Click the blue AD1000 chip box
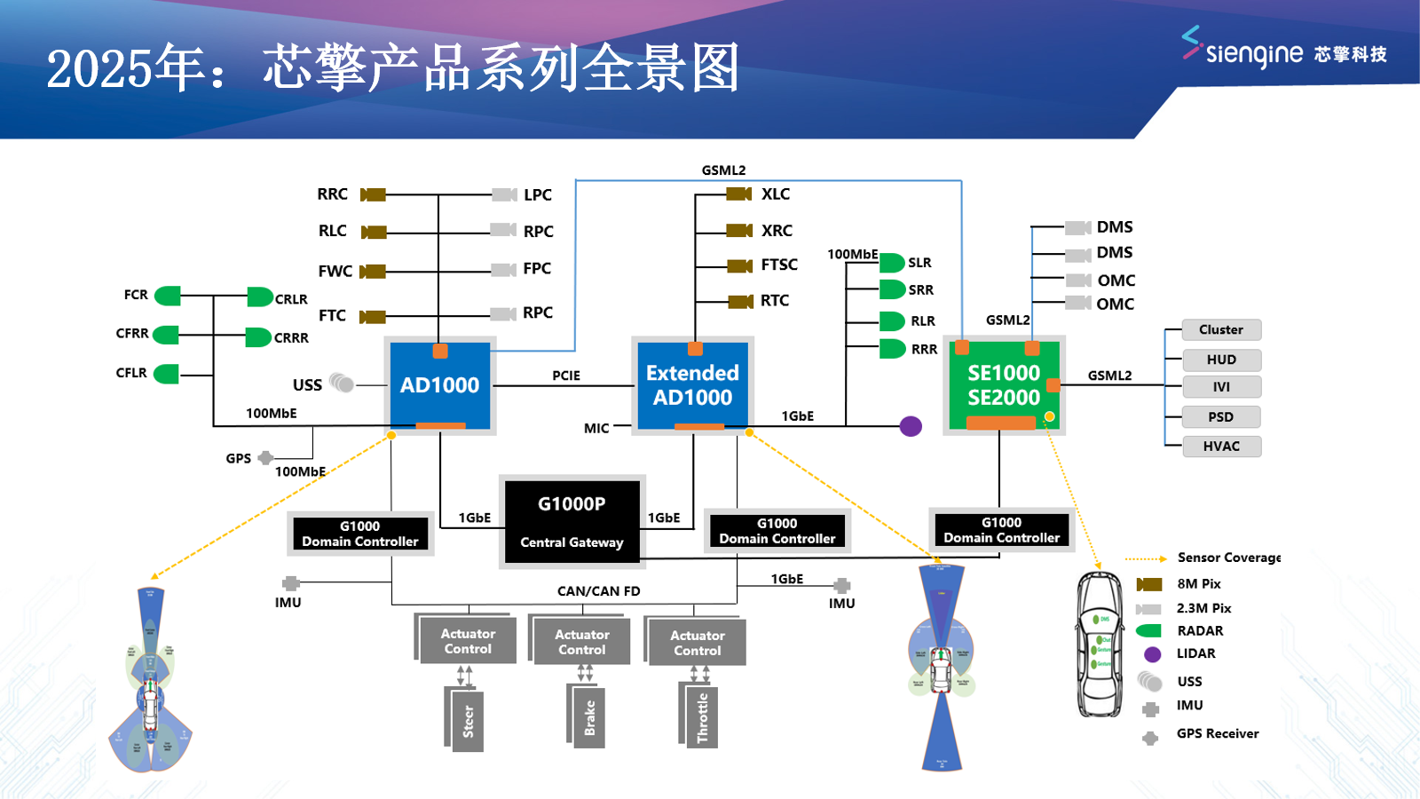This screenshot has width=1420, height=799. [440, 385]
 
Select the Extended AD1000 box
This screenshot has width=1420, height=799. [692, 385]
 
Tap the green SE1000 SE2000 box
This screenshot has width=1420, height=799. [1004, 385]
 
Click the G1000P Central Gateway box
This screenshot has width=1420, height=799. [572, 521]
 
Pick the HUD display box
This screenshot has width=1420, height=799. [1221, 360]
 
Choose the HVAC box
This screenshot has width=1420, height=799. [1221, 446]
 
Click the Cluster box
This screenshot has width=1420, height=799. [1221, 329]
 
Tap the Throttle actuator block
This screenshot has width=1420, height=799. [702, 717]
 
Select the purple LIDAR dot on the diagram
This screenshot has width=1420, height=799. [911, 426]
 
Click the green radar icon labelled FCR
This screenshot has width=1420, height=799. [168, 296]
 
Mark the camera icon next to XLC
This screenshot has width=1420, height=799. [739, 194]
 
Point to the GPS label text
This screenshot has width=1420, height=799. [238, 459]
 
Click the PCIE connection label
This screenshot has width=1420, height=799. [566, 376]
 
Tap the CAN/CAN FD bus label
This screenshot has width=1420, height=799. [598, 591]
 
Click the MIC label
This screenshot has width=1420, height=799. [596, 428]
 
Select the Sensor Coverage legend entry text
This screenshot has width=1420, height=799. [1229, 558]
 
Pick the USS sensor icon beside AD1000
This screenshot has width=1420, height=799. [342, 383]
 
